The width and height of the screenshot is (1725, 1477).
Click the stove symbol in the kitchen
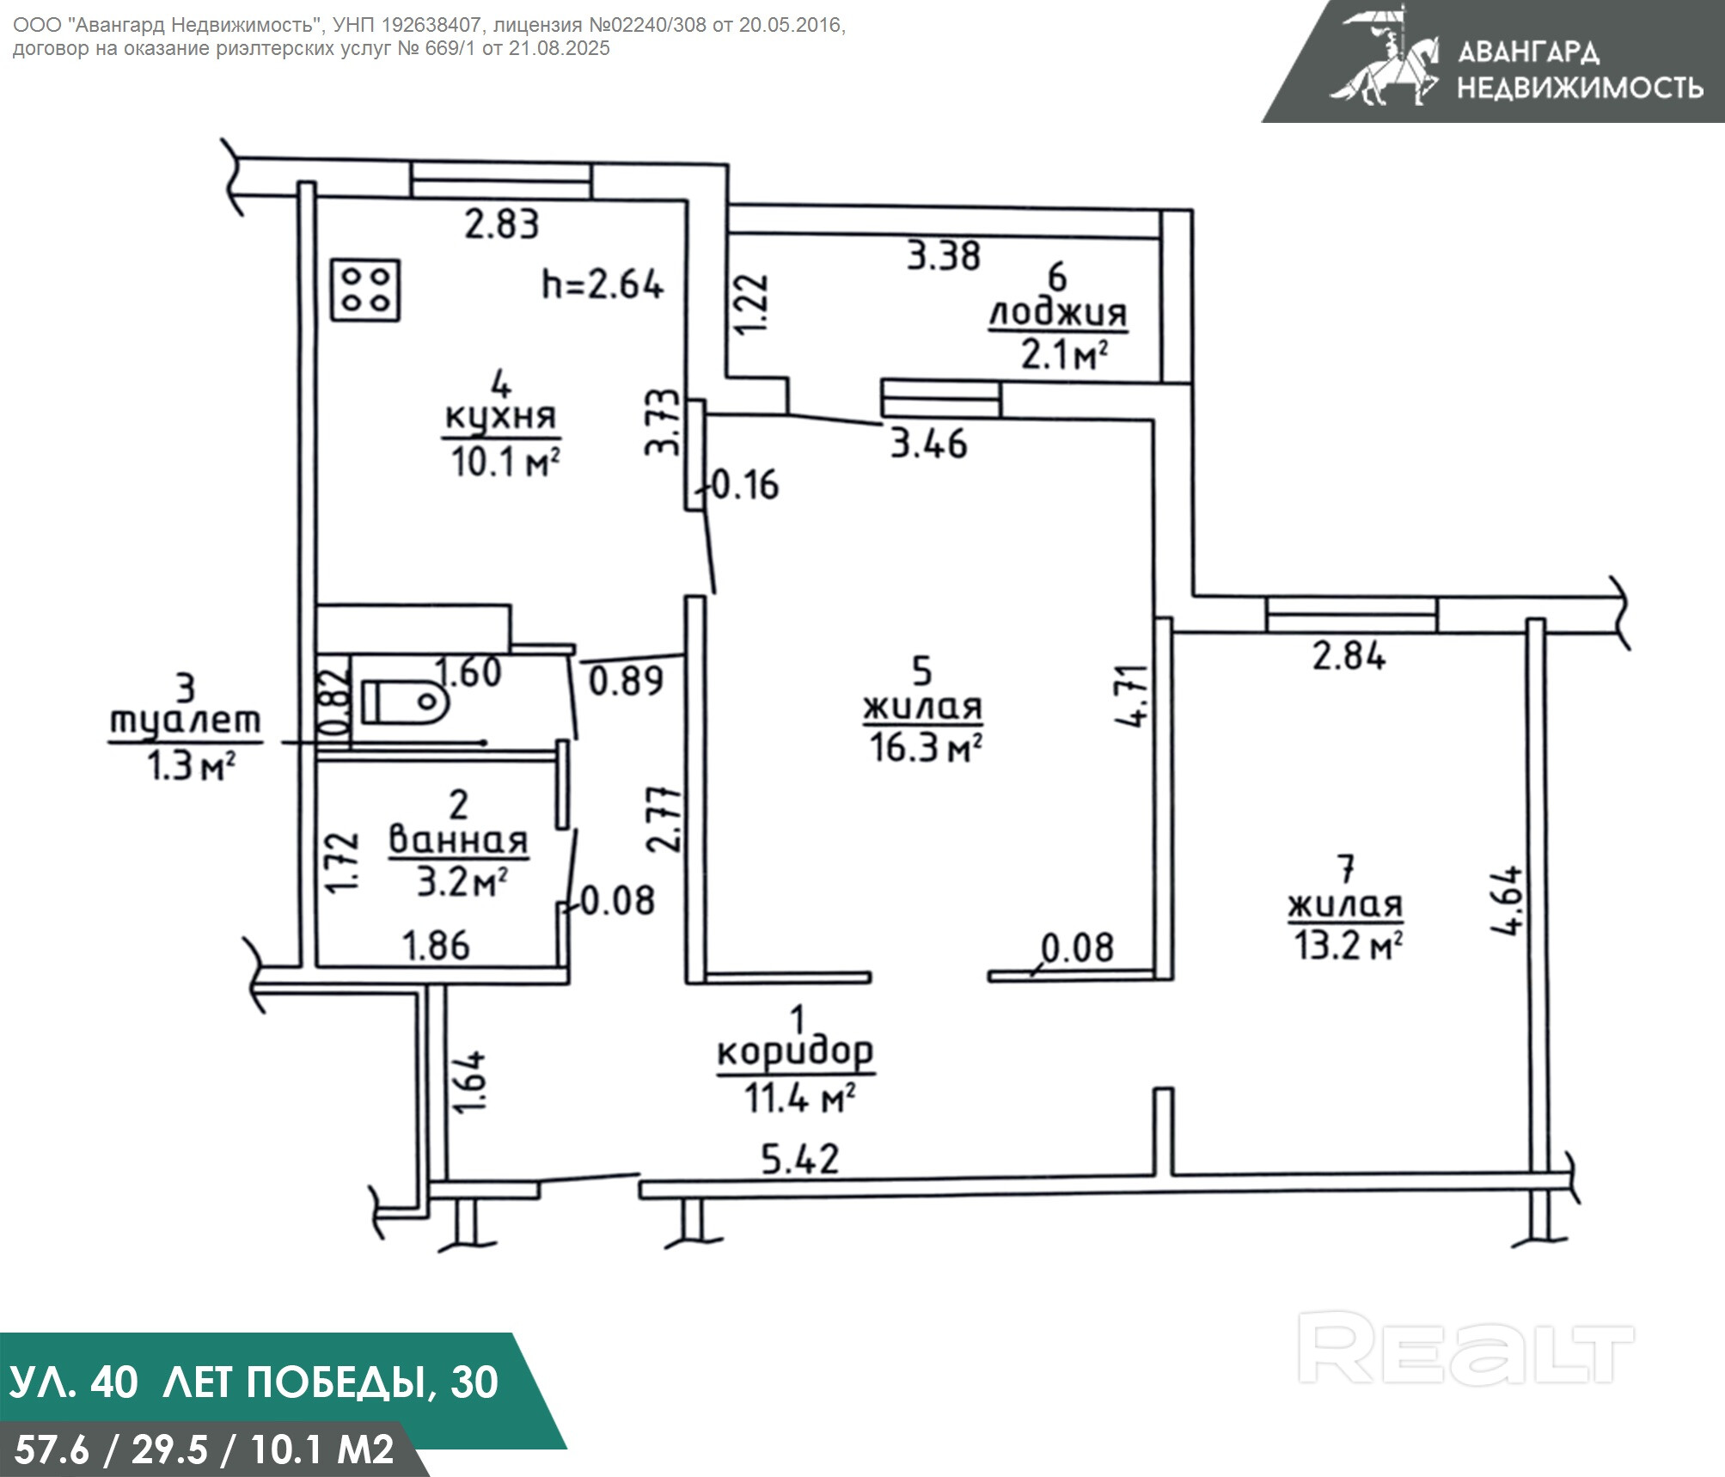367,291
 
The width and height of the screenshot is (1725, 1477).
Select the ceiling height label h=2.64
603,284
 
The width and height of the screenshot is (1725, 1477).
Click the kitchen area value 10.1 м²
505,463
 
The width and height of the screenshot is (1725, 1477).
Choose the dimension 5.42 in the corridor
800,1159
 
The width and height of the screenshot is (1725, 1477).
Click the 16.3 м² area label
925,747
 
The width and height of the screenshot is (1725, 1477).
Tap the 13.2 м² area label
1348,946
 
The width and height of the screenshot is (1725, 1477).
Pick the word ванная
458,840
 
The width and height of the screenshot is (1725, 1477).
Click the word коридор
795,1052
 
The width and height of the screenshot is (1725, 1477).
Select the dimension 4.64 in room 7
1512,900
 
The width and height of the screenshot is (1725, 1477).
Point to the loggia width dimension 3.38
944,256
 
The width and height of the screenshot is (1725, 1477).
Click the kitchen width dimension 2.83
502,224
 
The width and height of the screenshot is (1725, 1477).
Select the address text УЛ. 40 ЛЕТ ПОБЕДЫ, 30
254,1382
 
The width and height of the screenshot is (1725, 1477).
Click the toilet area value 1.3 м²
191,765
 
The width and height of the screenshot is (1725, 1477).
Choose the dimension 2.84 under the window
1349,657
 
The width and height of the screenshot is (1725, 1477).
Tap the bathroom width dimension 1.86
437,946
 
